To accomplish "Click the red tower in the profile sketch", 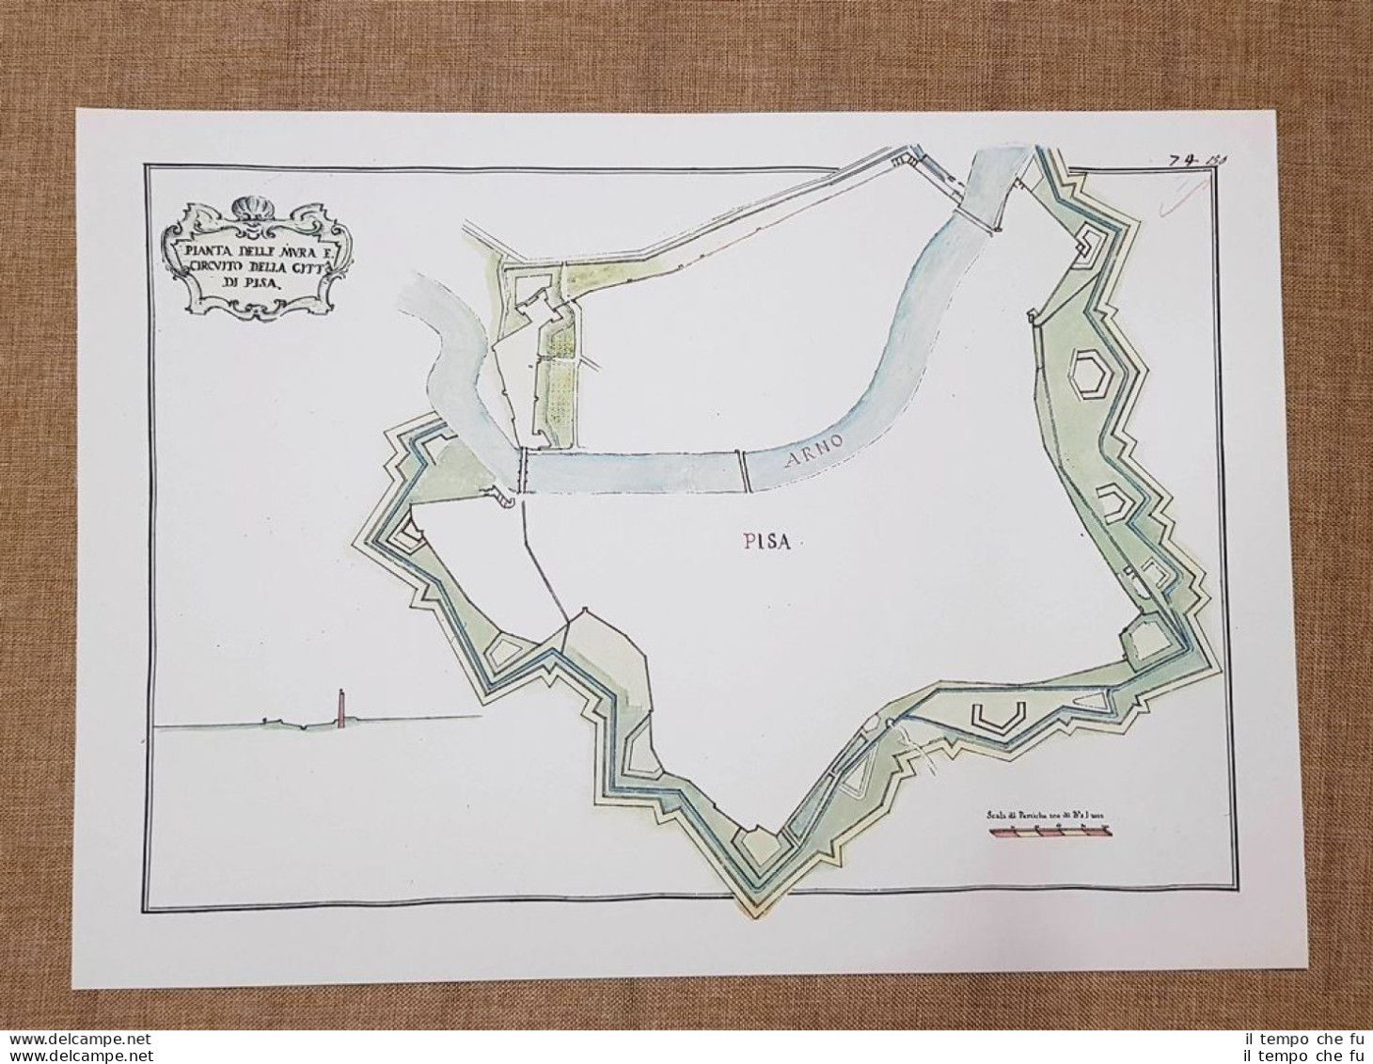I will point(339,707).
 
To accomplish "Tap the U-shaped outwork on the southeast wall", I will point(997,716).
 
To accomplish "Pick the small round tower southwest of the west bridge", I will point(509,502).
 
